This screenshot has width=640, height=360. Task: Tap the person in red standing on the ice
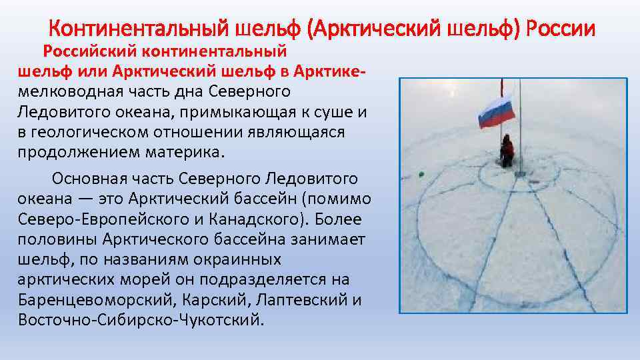pyautogui.click(x=507, y=152)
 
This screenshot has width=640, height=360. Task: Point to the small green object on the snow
pyautogui.click(x=421, y=174)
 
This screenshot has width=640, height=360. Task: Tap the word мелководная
pyautogui.click(x=73, y=91)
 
